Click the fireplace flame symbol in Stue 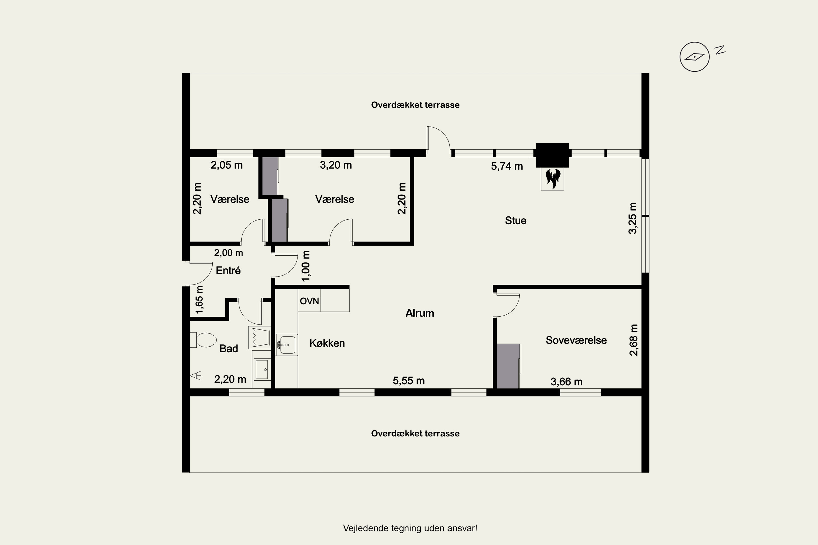point(553,178)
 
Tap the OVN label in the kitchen point(309,301)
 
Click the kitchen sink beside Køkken point(287,345)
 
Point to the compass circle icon point(694,57)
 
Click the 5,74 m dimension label point(507,166)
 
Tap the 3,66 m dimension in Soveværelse point(567,382)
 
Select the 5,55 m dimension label point(409,381)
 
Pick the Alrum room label point(420,313)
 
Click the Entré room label point(228,270)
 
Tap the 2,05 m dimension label point(226,165)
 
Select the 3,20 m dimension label point(336,165)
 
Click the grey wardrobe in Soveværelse point(508,366)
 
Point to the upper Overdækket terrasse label point(415,105)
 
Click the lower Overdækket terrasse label point(415,434)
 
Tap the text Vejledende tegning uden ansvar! point(410,528)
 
